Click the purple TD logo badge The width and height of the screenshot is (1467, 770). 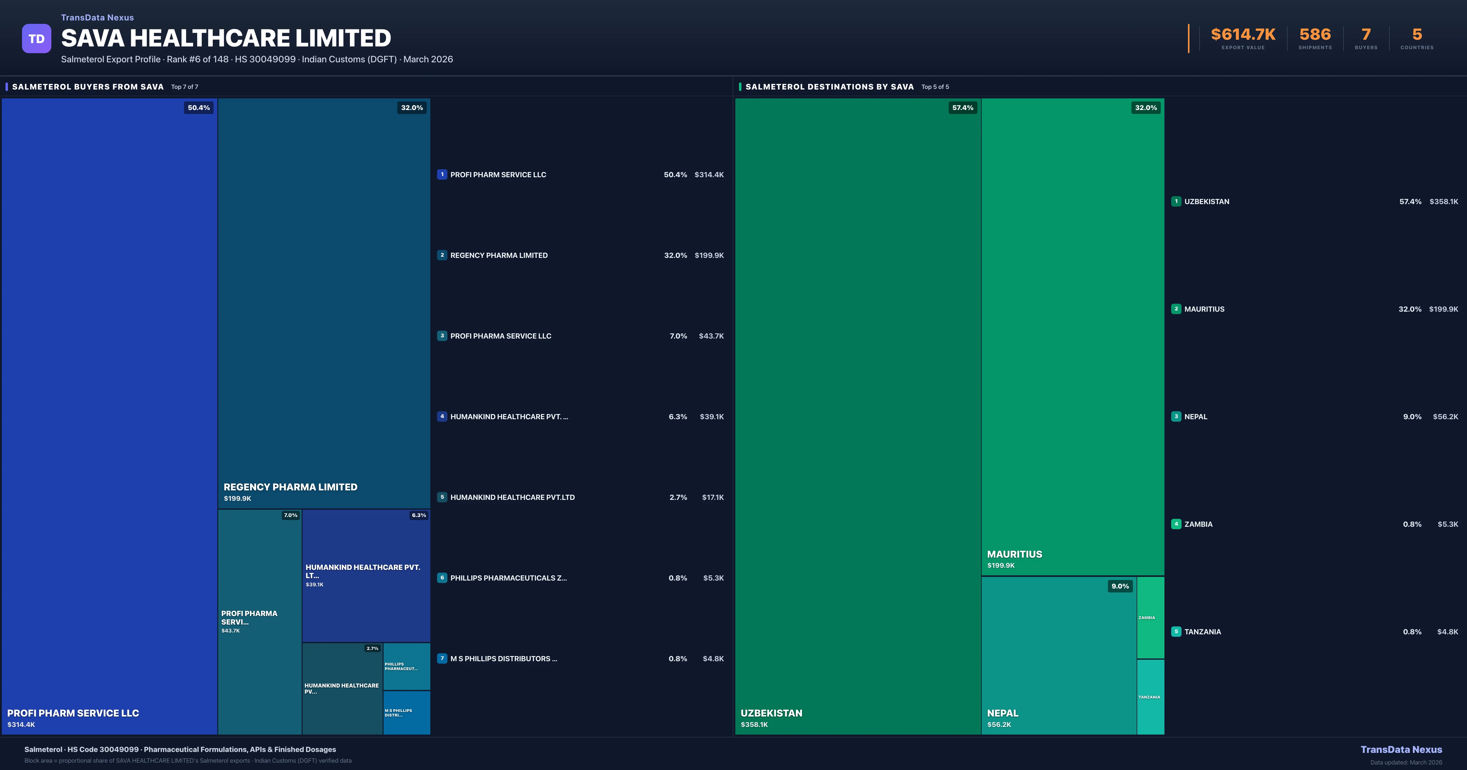pyautogui.click(x=36, y=39)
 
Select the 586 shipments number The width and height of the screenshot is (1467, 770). pyautogui.click(x=1315, y=35)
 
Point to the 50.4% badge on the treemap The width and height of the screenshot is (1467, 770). pyautogui.click(x=199, y=108)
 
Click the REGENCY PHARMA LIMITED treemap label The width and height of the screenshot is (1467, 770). pyautogui.click(x=290, y=487)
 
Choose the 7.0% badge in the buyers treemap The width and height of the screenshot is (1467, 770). pyautogui.click(x=290, y=515)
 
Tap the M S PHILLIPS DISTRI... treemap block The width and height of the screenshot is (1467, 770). pyautogui.click(x=406, y=713)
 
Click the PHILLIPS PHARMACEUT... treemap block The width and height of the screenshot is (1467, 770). pyautogui.click(x=406, y=666)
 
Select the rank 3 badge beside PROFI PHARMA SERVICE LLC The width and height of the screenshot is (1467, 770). pyautogui.click(x=442, y=336)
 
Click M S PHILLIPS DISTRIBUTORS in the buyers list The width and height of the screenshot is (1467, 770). pyautogui.click(x=503, y=659)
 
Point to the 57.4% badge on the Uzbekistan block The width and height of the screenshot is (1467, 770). pyautogui.click(x=962, y=108)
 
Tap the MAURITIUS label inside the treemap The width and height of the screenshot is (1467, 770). pyautogui.click(x=1014, y=554)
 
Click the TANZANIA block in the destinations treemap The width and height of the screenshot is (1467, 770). pyautogui.click(x=1150, y=697)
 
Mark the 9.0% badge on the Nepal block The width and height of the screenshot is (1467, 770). pyautogui.click(x=1120, y=586)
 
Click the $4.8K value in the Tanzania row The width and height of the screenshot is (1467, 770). pyautogui.click(x=1447, y=632)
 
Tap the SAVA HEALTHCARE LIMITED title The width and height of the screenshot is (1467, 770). pyautogui.click(x=226, y=38)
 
